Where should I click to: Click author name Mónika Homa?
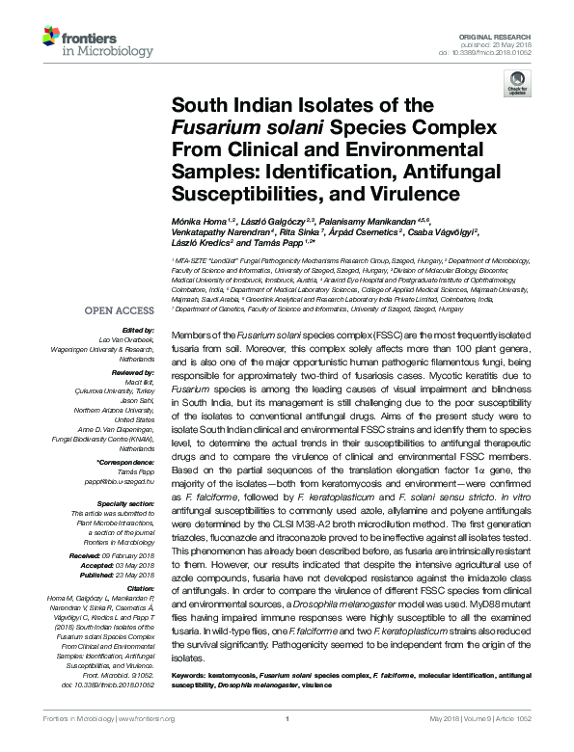coord(194,221)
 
